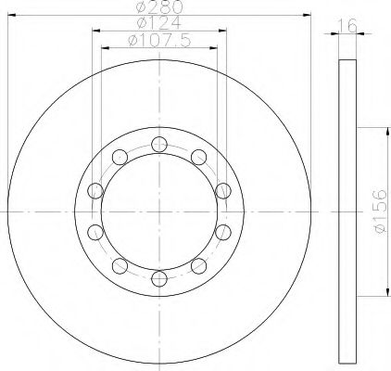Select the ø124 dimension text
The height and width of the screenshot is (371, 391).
tap(157, 23)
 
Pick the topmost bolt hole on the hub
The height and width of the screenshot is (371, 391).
tap(158, 143)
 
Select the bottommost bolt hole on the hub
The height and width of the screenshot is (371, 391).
tap(158, 277)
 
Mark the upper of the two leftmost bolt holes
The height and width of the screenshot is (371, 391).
tap(95, 190)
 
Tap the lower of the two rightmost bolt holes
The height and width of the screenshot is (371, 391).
tap(222, 232)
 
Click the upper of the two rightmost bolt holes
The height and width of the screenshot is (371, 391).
tap(222, 190)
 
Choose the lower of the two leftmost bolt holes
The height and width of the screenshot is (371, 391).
tap(95, 232)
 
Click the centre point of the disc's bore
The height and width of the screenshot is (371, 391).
tap(158, 211)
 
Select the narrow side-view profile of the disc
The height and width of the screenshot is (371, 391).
tap(347, 211)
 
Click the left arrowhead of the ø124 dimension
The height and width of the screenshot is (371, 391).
tap(95, 31)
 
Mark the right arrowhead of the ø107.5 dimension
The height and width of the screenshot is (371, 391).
tap(214, 46)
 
